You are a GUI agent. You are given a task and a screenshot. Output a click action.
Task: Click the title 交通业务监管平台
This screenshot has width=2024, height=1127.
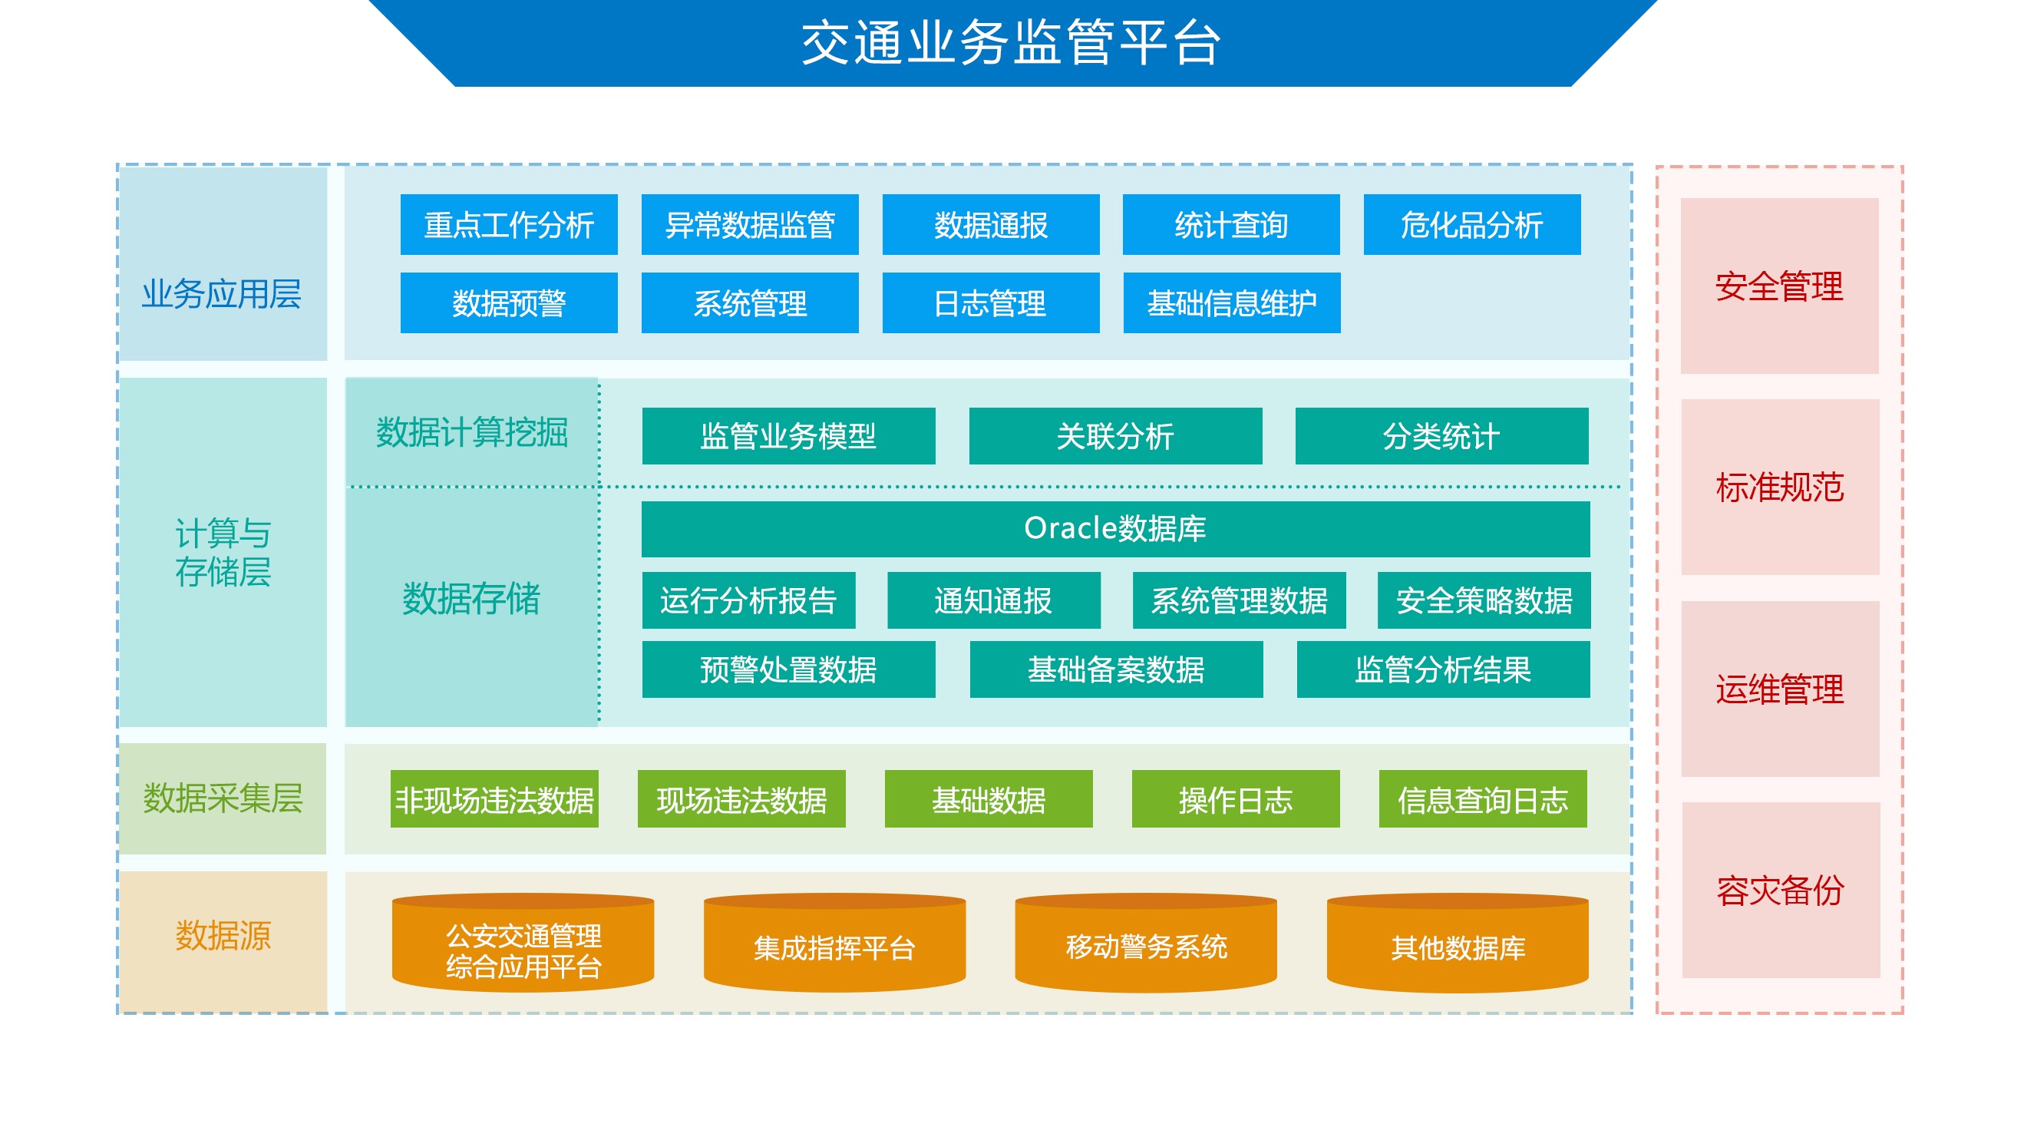point(1011,42)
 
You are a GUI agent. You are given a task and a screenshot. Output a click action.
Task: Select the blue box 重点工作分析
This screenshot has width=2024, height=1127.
point(509,225)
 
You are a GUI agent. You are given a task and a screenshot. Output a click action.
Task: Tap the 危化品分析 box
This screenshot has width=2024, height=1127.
point(1471,225)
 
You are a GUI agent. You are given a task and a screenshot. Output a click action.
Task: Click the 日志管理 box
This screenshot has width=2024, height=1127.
point(991,303)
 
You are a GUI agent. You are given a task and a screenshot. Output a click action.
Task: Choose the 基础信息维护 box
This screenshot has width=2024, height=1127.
point(1232,303)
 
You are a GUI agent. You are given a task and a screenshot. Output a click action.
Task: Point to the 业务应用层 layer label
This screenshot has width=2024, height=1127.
point(223,294)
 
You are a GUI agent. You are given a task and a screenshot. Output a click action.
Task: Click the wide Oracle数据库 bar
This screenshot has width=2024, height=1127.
point(1116,529)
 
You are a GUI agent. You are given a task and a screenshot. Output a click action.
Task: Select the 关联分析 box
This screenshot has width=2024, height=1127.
point(1116,436)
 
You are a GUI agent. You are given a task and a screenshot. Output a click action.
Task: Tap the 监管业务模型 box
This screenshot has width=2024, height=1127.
point(789,436)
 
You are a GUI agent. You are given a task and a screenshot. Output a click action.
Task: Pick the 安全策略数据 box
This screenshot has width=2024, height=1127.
point(1484,600)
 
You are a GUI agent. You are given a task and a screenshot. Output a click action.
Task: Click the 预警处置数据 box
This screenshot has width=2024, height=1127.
point(789,669)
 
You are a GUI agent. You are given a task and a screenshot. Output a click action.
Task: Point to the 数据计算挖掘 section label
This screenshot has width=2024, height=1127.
point(472,432)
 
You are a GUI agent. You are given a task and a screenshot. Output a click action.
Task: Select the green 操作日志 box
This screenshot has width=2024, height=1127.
point(1236,799)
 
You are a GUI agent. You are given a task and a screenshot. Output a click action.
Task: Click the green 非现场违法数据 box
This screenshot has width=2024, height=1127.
point(494,799)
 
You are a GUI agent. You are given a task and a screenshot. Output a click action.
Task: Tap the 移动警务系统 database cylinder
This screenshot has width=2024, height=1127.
point(1147,943)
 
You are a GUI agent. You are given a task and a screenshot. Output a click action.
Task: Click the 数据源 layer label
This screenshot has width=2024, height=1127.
point(223,936)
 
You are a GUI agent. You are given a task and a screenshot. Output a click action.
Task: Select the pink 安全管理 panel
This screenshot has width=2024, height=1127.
point(1780,286)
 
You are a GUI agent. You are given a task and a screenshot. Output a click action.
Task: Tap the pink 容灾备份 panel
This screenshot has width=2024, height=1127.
point(1781,891)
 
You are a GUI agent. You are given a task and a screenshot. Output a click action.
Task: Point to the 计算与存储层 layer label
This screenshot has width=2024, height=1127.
point(223,553)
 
